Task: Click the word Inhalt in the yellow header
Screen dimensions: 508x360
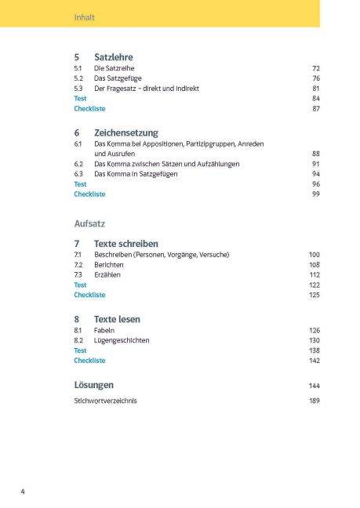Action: pyautogui.click(x=84, y=16)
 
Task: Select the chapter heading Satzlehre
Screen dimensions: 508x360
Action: pyautogui.click(x=113, y=57)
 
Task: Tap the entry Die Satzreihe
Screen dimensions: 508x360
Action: pyautogui.click(x=115, y=69)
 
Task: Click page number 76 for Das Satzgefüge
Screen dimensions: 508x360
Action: pyautogui.click(x=315, y=79)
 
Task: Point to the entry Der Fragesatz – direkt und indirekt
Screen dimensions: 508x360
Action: pyautogui.click(x=147, y=89)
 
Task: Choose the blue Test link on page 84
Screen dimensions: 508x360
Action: pyautogui.click(x=80, y=99)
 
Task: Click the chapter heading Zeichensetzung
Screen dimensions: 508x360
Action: pyautogui.click(x=125, y=132)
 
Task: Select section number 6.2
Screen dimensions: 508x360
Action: pyautogui.click(x=78, y=164)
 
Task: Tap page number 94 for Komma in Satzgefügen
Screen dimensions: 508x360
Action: pyautogui.click(x=315, y=174)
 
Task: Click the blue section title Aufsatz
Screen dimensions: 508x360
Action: pyautogui.click(x=89, y=223)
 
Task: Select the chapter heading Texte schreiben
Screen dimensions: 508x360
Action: pyautogui.click(x=125, y=244)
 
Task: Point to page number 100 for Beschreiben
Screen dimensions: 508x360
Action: pyautogui.click(x=315, y=256)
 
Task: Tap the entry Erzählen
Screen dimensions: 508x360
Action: pyautogui.click(x=107, y=275)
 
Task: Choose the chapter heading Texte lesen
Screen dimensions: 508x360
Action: pyautogui.click(x=117, y=319)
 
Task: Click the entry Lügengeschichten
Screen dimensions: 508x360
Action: pyautogui.click(x=122, y=341)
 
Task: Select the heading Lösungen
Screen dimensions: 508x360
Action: pyautogui.click(x=93, y=385)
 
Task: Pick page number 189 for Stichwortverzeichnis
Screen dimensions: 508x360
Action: pyautogui.click(x=315, y=401)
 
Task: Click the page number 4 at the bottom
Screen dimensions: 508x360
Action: pyautogui.click(x=23, y=492)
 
